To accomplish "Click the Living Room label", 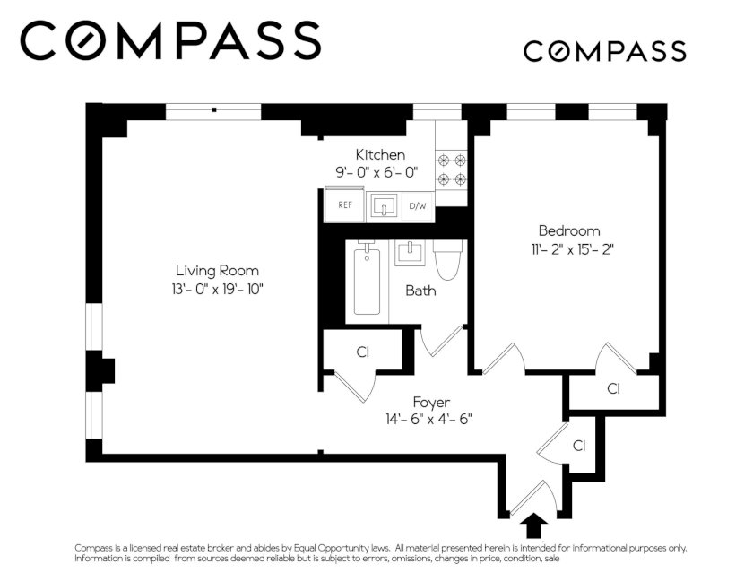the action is click(x=217, y=271).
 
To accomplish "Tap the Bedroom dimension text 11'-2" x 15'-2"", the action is click(x=569, y=250).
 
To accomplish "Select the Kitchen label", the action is click(x=380, y=155).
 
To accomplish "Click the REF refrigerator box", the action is click(x=345, y=204).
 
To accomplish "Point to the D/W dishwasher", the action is click(x=418, y=206).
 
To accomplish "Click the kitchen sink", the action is click(x=384, y=206).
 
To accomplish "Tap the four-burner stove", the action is click(x=452, y=169).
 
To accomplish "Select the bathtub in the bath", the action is click(x=368, y=282).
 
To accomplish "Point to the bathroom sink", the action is click(x=410, y=253).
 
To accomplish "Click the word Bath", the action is click(x=420, y=291).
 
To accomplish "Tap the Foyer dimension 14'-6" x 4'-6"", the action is click(x=428, y=420).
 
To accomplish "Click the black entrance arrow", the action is click(x=533, y=526).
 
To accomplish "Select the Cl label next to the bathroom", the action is click(x=363, y=352).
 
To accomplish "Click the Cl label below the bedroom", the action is click(x=614, y=388).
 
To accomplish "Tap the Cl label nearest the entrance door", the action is click(x=579, y=446).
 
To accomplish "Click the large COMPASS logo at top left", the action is click(x=170, y=40).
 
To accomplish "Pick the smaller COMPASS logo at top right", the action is click(x=604, y=51).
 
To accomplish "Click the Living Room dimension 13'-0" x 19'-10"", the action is click(x=218, y=290).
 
